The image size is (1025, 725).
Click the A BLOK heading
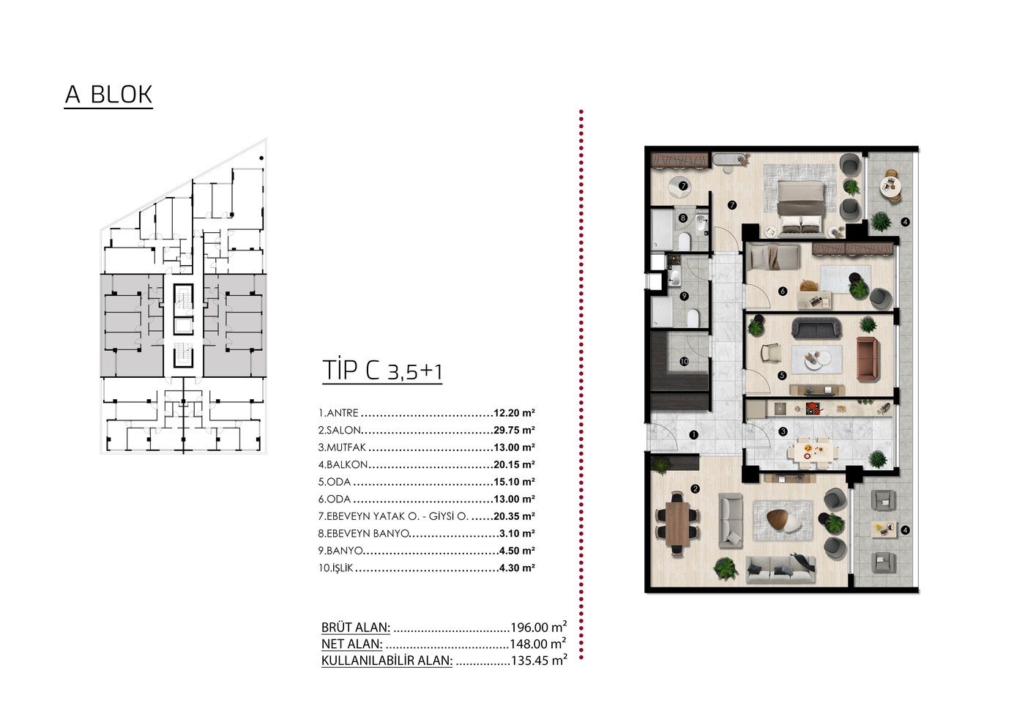pyautogui.click(x=108, y=94)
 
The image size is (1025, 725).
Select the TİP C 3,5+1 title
pyautogui.click(x=382, y=370)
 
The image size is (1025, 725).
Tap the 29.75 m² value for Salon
pyautogui.click(x=514, y=431)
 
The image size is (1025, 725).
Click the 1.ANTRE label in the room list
pyautogui.click(x=338, y=413)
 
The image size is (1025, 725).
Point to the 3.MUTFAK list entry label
pyautogui.click(x=343, y=447)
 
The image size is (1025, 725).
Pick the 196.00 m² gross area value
pyautogui.click(x=539, y=627)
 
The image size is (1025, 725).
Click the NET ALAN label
pyautogui.click(x=352, y=644)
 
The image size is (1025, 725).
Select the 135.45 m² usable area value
pyautogui.click(x=539, y=661)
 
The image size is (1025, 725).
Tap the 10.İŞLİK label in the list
pyautogui.click(x=336, y=568)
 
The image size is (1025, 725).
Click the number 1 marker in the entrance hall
pyautogui.click(x=694, y=435)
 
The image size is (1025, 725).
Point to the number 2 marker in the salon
pyautogui.click(x=696, y=489)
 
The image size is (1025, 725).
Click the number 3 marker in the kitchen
pyautogui.click(x=783, y=431)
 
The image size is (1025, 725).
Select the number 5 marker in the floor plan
pyautogui.click(x=782, y=375)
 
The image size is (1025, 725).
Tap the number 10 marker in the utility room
pyautogui.click(x=684, y=362)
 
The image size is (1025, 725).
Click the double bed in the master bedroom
pyautogui.click(x=801, y=207)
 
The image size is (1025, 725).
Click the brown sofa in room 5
pyautogui.click(x=867, y=359)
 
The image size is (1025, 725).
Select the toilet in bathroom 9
pyautogui.click(x=693, y=319)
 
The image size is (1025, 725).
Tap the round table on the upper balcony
pyautogui.click(x=891, y=186)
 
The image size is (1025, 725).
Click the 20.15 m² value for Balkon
pyautogui.click(x=514, y=464)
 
